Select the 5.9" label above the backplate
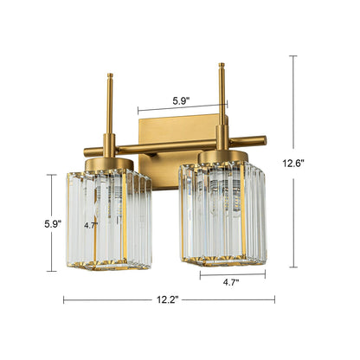click(x=180, y=100)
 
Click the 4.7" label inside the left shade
click(x=91, y=224)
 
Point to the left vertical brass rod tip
click(x=108, y=78)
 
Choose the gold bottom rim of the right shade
click(x=223, y=262)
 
